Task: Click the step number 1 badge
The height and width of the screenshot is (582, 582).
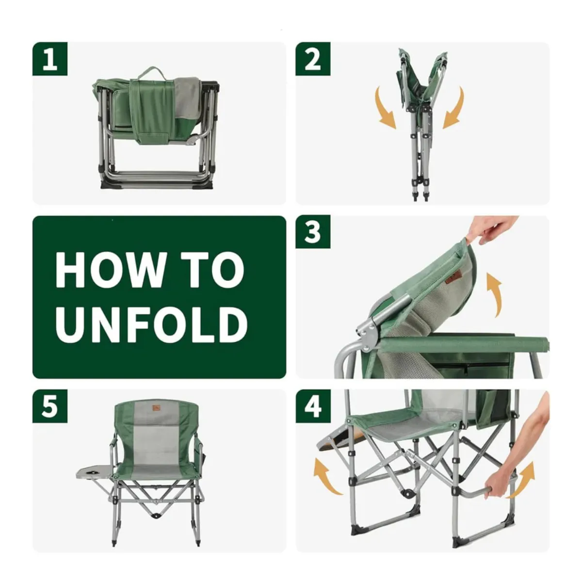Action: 50,59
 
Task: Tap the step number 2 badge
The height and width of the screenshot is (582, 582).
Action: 313,59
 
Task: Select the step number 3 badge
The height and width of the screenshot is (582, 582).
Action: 313,232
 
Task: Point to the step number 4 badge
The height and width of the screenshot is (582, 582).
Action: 313,406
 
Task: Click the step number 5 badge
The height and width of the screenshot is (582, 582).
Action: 50,406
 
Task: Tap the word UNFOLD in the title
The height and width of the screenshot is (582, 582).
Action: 151,324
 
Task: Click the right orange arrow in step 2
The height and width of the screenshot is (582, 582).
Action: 455,109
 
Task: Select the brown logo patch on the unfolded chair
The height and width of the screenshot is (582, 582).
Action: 156,408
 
